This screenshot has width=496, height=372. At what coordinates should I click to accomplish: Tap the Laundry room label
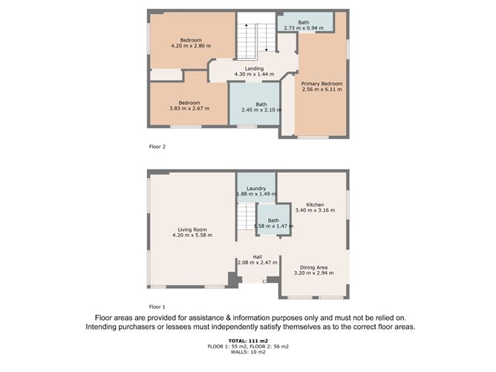[x=256, y=189]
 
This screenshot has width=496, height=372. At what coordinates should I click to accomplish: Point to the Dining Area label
[x=313, y=267]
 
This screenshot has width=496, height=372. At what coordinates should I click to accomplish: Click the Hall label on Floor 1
[x=257, y=257]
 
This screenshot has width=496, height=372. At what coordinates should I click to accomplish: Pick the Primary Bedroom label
[x=322, y=84]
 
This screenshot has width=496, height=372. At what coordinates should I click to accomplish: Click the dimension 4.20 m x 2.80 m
[x=191, y=46]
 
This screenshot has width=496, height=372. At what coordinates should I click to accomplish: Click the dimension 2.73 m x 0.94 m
[x=304, y=28]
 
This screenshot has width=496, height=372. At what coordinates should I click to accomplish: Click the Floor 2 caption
[x=157, y=147]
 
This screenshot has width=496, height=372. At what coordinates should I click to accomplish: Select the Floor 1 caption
[x=157, y=306]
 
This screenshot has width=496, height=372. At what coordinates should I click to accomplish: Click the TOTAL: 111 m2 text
[x=249, y=340]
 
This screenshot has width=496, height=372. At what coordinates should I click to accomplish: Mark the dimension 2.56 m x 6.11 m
[x=322, y=90]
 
